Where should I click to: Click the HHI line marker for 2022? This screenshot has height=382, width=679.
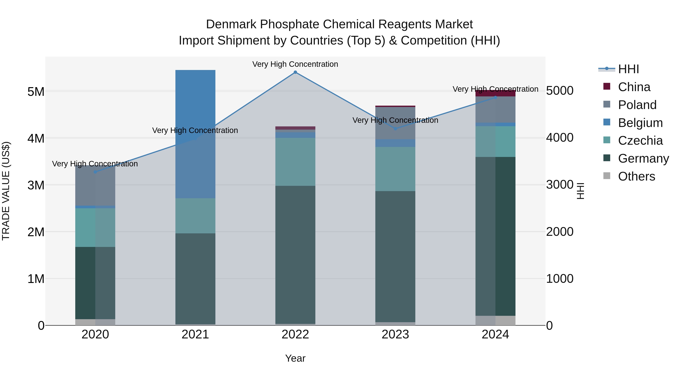(295, 72)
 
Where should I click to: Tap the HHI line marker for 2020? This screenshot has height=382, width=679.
(95, 172)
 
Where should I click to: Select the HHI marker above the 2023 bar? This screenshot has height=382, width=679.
(395, 129)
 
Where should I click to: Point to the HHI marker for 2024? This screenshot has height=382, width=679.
(495, 98)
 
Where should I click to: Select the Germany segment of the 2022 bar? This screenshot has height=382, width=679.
(295, 254)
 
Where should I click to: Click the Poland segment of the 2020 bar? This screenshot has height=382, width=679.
(95, 186)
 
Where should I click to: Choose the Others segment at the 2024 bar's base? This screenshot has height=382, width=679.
(495, 320)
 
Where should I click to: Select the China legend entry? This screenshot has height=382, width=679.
(634, 87)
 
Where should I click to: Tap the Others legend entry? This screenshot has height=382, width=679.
(636, 176)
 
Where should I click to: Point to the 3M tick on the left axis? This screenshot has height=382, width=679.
(36, 185)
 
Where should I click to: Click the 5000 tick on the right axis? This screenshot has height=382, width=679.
(560, 91)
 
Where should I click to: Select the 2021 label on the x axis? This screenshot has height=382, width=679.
(195, 334)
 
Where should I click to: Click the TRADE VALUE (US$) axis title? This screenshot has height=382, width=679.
(6, 191)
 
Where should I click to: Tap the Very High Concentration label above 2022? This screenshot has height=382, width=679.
(295, 64)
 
